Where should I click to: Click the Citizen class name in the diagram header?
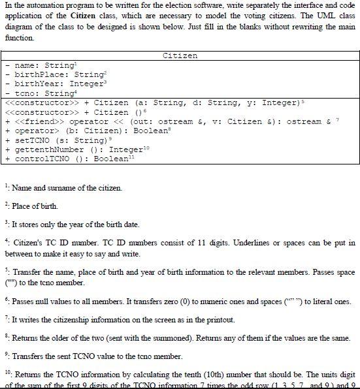[180, 56]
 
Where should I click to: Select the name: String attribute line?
[40, 65]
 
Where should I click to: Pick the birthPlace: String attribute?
[50, 75]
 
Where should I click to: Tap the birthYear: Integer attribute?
[51, 84]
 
